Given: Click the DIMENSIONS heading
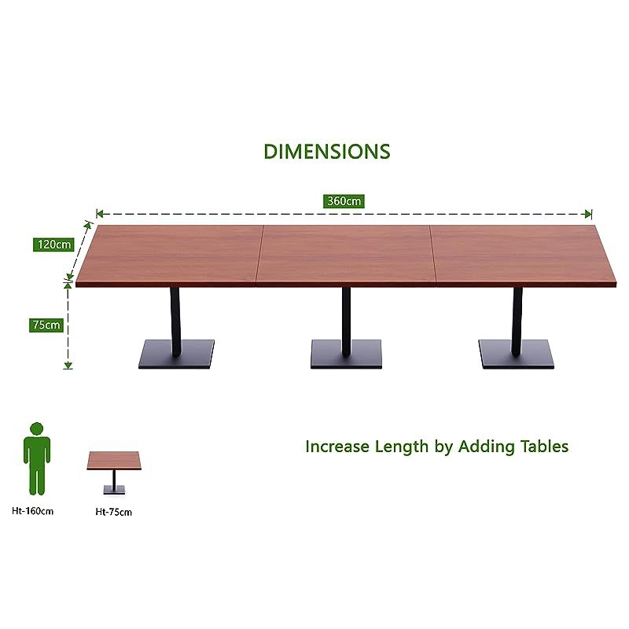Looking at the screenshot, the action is click(327, 152).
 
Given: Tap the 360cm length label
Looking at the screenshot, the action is click(344, 201).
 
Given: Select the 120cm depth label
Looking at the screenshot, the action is click(53, 245).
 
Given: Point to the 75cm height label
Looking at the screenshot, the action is click(46, 325).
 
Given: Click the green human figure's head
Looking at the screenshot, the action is click(36, 429).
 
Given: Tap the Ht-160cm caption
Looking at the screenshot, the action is click(32, 511).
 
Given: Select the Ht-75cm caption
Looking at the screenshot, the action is click(113, 512).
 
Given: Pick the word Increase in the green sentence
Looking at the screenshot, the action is click(337, 447).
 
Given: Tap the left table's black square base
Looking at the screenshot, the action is click(176, 355).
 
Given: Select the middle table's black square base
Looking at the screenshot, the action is click(346, 354).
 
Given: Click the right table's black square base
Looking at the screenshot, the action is click(517, 355).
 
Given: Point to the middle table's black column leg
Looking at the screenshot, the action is click(346, 321).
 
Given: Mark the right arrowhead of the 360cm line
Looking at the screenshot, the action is click(588, 214).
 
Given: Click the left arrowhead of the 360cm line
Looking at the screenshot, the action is click(100, 214).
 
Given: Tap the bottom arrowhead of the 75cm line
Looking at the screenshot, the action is click(68, 365).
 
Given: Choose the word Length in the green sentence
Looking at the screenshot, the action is click(402, 447).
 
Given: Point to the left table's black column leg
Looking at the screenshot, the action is click(175, 322).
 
